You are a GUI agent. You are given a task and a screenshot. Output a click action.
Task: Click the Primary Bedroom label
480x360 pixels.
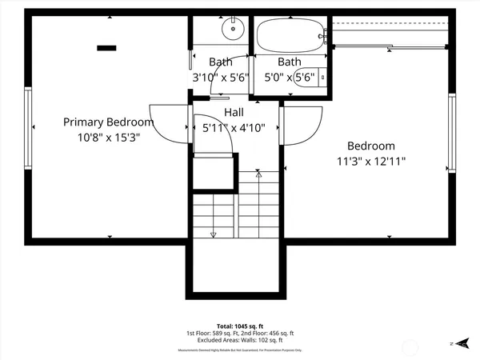[x=108, y=122]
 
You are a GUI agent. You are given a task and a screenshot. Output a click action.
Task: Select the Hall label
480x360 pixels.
[x=234, y=113]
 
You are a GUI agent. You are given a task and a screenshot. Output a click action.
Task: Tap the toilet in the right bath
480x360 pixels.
[x=322, y=78]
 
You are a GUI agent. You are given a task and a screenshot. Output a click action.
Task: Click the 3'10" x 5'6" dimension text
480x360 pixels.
[x=222, y=78]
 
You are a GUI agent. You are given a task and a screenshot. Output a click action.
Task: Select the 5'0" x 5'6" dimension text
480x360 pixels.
[x=289, y=78]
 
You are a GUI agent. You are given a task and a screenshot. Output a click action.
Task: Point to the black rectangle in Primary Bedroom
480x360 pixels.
[x=106, y=48]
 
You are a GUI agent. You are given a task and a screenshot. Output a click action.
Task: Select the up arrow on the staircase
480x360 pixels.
[x=258, y=174]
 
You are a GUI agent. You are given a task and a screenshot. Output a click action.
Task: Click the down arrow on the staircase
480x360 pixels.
[x=213, y=234]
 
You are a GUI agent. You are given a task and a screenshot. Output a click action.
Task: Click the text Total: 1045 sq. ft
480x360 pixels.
[x=240, y=326]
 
